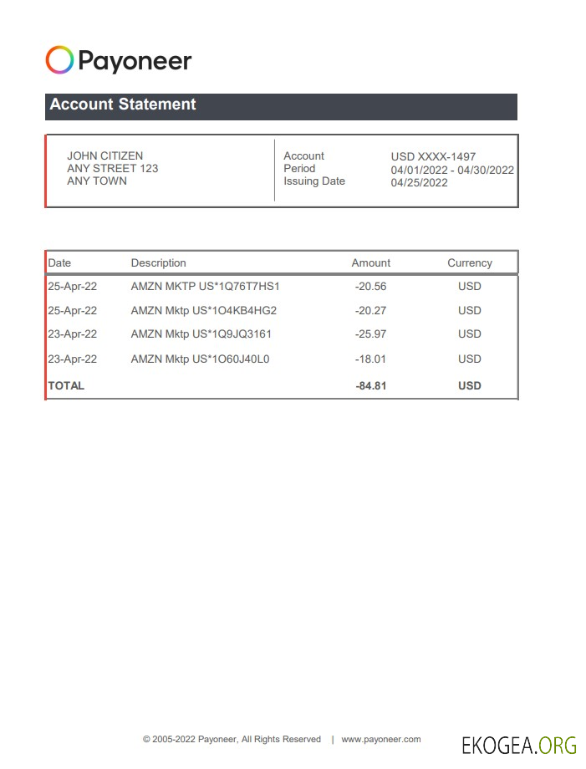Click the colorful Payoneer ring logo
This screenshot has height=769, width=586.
click(x=59, y=60)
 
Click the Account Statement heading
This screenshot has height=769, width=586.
click(x=123, y=104)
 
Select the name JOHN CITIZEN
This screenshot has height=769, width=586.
click(x=104, y=155)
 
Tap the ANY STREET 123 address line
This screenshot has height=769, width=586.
click(x=112, y=168)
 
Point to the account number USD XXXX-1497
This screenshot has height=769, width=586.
click(x=433, y=156)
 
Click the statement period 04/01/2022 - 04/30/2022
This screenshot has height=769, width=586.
click(x=452, y=170)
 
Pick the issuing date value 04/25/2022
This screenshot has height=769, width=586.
click(x=419, y=182)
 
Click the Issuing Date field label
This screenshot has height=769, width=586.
click(x=313, y=181)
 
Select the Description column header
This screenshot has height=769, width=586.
click(x=158, y=262)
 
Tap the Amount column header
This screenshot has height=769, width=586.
click(x=370, y=262)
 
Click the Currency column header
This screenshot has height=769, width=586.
click(x=469, y=262)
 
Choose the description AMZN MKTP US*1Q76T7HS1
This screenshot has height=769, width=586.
click(x=205, y=286)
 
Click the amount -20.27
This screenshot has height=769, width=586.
click(x=370, y=310)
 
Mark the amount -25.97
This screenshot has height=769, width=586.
click(x=370, y=334)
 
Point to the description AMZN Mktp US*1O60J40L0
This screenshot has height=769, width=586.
click(x=200, y=359)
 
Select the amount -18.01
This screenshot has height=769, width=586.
click(x=370, y=359)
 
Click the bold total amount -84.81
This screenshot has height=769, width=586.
click(x=370, y=385)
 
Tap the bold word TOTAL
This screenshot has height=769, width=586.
click(x=66, y=385)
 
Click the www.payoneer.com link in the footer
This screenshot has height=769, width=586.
click(x=380, y=739)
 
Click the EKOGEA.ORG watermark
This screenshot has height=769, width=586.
click(x=518, y=744)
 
